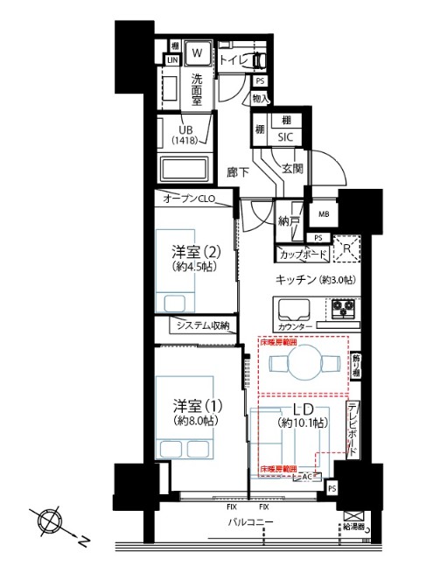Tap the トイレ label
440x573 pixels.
[232, 59]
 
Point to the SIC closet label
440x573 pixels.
[285, 137]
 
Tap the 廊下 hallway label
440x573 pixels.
[238, 172]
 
